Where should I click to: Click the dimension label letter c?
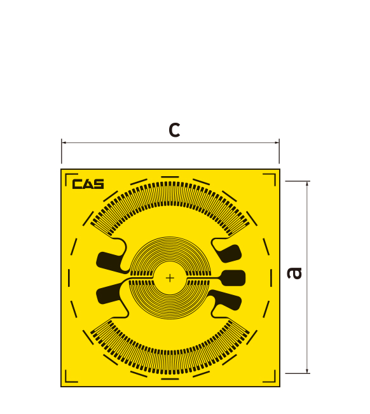tap(174, 130)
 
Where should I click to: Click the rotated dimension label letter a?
tap(294, 273)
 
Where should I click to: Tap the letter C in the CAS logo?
tap(78, 184)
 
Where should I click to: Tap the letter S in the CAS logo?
tap(99, 184)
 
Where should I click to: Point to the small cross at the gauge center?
tap(170, 278)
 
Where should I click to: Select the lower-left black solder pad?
tap(109, 294)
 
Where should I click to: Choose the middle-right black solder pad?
tap(233, 278)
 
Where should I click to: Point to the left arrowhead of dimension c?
tap(64, 142)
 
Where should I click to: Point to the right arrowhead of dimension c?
tap(277, 142)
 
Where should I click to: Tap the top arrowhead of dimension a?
tap(307, 184)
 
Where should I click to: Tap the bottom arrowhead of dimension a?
tap(307, 371)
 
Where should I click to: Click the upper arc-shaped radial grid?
tap(170, 193)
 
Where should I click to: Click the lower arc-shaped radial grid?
tap(170, 362)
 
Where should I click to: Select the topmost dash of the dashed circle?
tap(170, 177)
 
